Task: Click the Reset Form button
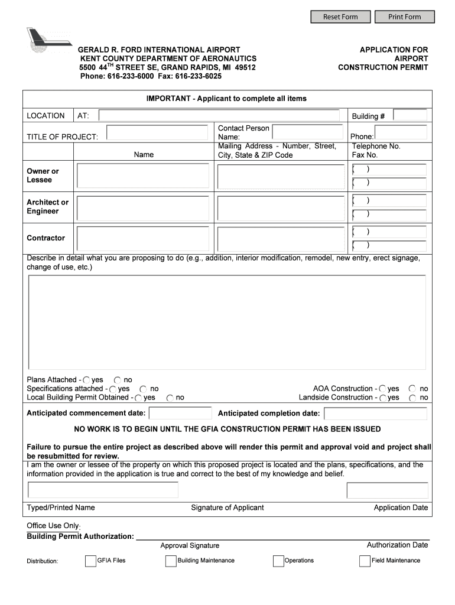pos(340,17)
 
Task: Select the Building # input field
pos(410,115)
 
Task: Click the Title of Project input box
pos(157,135)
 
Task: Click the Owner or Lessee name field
pos(143,175)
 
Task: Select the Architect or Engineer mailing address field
pos(281,208)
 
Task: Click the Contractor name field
pos(143,238)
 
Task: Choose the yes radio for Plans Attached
pos(87,380)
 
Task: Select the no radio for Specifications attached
pos(144,389)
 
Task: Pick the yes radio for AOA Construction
pos(383,389)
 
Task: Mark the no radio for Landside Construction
pos(412,398)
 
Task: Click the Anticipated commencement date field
pos(180,413)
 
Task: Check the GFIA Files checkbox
pos(90,561)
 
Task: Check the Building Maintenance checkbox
pos(171,561)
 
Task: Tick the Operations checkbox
pos(278,561)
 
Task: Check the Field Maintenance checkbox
pos(365,561)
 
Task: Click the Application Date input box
pos(387,490)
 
